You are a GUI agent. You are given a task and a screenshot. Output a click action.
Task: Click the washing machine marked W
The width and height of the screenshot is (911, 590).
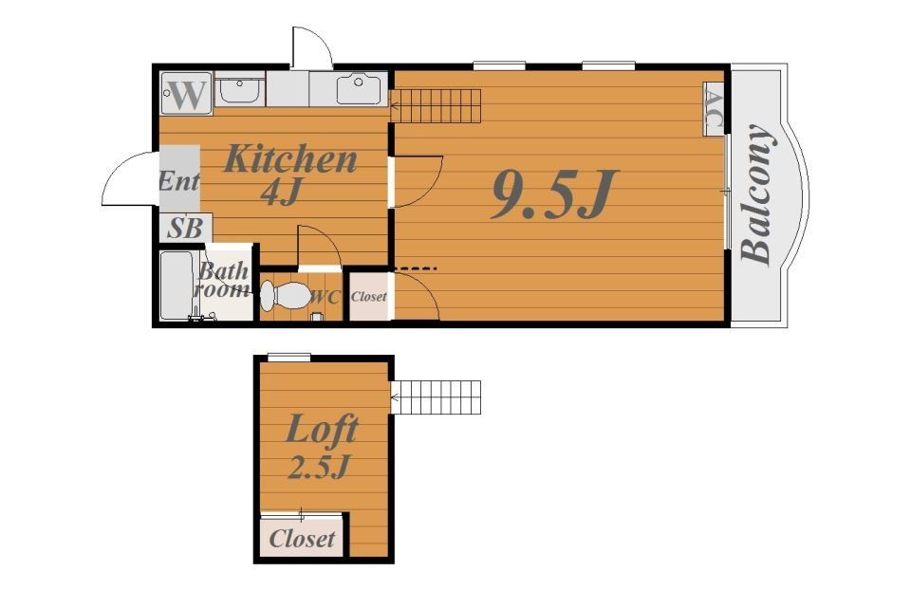click(187, 93)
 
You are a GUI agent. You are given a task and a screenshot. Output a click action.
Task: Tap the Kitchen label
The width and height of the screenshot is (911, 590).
click(290, 158)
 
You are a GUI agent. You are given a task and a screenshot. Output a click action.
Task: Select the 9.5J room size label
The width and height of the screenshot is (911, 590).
click(553, 194)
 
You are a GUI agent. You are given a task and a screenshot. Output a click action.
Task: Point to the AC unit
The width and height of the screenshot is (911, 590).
click(714, 108)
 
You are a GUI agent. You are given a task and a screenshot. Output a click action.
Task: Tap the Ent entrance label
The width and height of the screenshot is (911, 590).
click(179, 181)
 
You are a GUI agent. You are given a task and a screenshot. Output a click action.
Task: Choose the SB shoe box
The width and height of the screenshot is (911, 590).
click(185, 228)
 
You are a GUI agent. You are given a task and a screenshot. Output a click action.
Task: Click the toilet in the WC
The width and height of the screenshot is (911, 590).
click(286, 296)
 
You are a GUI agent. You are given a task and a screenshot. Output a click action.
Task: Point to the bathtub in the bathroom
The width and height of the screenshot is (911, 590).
click(177, 286)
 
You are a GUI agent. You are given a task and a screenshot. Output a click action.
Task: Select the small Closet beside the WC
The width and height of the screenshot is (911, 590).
click(369, 297)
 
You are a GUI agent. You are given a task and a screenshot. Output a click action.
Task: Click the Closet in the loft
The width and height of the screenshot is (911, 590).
click(303, 538)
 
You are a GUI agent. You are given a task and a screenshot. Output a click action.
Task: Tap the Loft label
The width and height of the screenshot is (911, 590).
click(322, 431)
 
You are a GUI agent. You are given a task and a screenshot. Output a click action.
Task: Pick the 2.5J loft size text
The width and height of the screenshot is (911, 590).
click(320, 467)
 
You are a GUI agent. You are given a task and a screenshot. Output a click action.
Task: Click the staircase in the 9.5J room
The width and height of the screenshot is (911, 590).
click(436, 105)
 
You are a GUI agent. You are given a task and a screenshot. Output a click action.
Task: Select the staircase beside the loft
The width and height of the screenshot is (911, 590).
click(436, 397)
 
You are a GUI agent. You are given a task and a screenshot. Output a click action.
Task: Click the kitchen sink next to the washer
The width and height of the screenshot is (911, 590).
click(240, 89)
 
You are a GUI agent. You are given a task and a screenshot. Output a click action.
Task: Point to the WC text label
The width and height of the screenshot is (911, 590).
click(325, 297)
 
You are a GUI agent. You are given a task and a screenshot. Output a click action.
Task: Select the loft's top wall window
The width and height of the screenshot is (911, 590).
click(289, 358)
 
